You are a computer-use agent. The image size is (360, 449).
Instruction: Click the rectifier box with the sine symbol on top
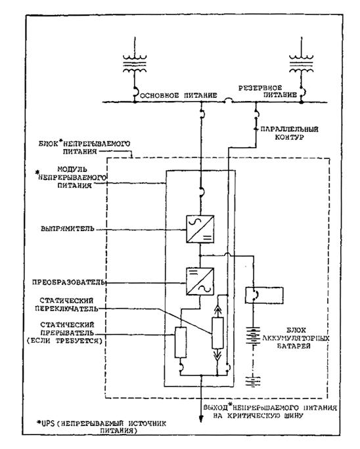(200, 229)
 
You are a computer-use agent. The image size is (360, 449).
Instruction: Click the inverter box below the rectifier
(200, 281)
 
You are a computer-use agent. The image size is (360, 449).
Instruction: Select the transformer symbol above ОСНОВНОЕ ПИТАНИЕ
(135, 64)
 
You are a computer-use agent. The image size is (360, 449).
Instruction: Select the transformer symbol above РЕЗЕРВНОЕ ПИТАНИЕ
(302, 64)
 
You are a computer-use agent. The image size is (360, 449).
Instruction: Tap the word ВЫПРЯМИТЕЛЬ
(68, 229)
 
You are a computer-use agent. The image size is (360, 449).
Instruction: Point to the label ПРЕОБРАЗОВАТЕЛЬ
(69, 282)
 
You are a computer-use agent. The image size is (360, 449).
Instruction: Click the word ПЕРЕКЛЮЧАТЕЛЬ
(66, 309)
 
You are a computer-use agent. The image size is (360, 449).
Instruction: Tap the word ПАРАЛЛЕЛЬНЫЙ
(289, 129)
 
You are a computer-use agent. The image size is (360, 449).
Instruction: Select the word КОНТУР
(289, 137)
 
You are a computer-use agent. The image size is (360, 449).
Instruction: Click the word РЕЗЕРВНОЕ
(260, 87)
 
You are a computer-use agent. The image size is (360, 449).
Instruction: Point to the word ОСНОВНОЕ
(160, 95)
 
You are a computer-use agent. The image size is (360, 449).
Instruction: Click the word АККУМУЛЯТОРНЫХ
(296, 338)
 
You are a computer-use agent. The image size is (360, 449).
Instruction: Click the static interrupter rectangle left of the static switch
(181, 342)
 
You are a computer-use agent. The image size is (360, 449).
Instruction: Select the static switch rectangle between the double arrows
(217, 333)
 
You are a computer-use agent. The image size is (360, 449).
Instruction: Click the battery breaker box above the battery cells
(264, 295)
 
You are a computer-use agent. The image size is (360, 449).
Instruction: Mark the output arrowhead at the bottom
(201, 418)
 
